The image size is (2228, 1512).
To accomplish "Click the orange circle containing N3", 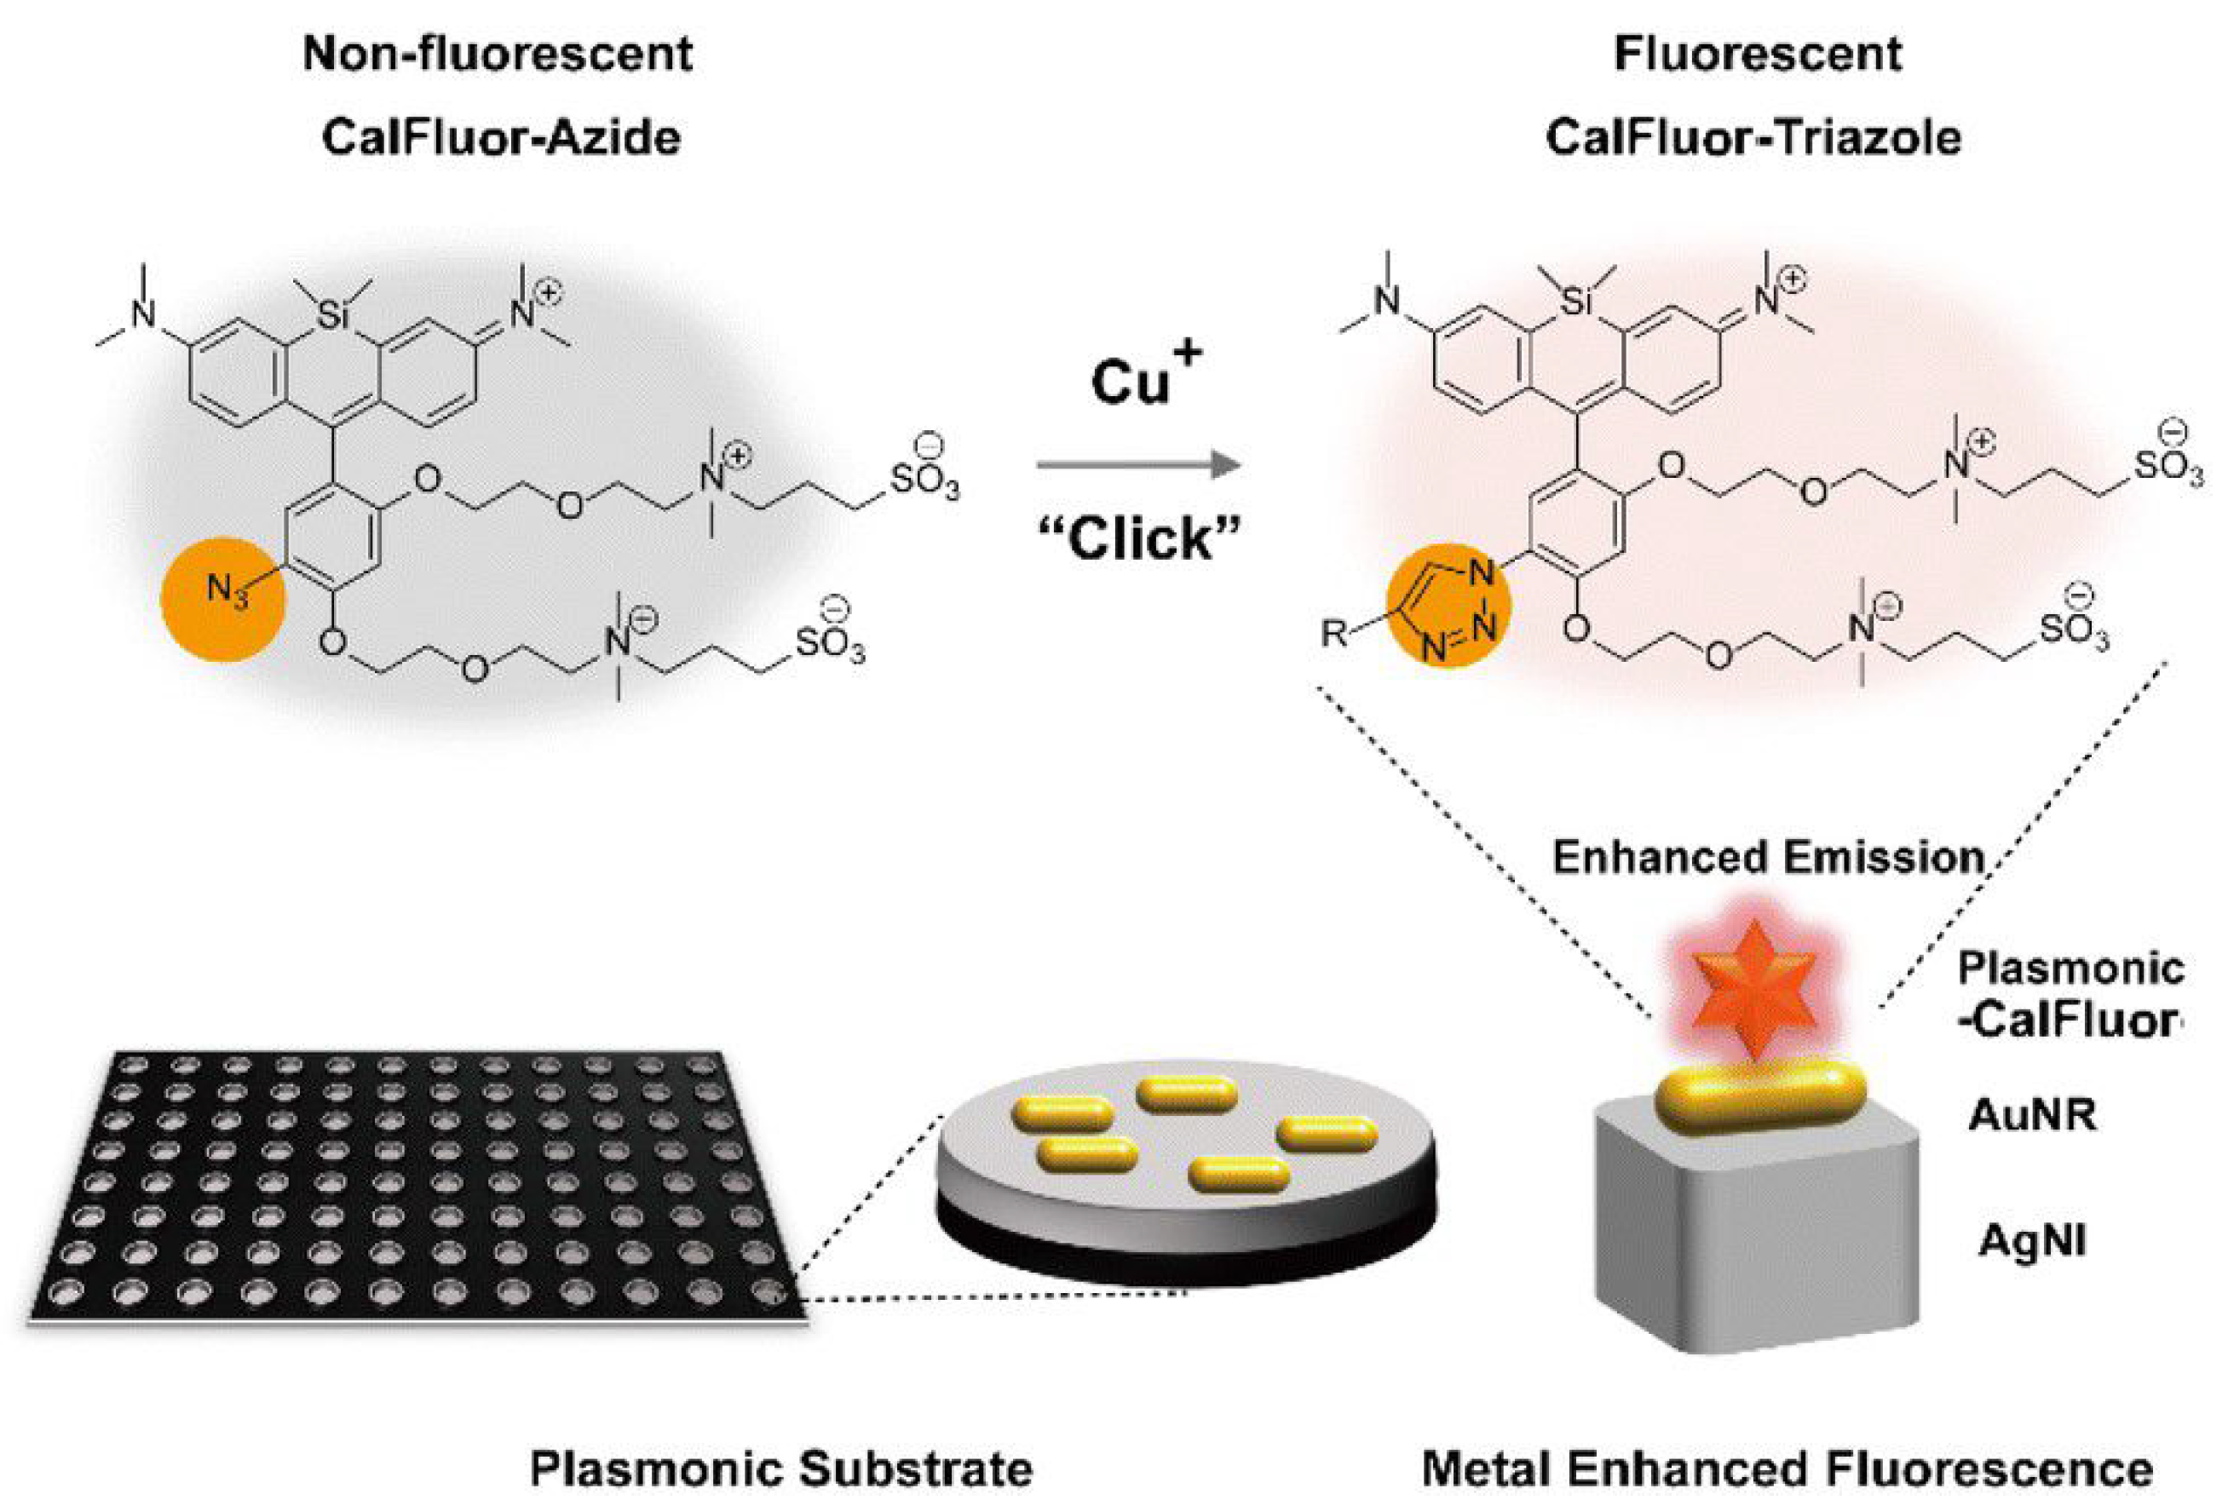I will (x=224, y=598).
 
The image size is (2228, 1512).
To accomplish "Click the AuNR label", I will (x=2031, y=1115).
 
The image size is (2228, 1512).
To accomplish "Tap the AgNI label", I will (x=2031, y=1242).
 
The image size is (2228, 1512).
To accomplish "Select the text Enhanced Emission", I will (x=1767, y=856).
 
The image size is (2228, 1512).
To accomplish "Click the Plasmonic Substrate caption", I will (x=781, y=1468).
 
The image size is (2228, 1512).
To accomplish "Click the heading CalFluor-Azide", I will (x=500, y=137).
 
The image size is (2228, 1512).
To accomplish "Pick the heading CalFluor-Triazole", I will (x=1753, y=137).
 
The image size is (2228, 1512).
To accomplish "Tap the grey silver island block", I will (x=1754, y=1246).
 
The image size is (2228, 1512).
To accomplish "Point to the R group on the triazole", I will (x=1333, y=634).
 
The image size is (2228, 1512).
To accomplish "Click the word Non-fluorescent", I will (x=498, y=53).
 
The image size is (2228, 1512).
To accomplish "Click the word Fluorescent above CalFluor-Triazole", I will (x=1758, y=53).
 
